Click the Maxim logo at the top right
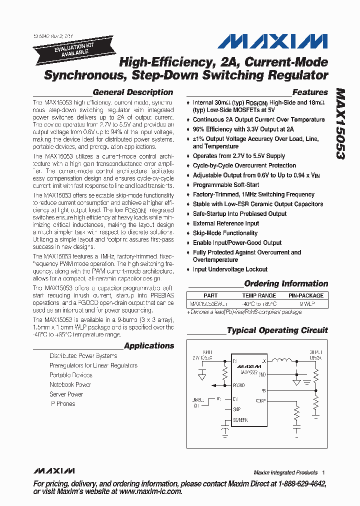point(272,41)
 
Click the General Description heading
point(132,92)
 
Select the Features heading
point(309,92)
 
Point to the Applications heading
point(148,346)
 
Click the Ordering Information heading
point(285,284)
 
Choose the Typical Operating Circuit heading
point(277,330)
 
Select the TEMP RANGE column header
point(259,295)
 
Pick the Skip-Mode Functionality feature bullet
point(225,233)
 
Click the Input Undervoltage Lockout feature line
point(230,269)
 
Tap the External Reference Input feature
point(226,223)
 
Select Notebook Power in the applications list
point(70,385)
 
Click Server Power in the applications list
point(66,394)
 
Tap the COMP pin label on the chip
point(260,400)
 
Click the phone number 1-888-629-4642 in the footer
point(295,484)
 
